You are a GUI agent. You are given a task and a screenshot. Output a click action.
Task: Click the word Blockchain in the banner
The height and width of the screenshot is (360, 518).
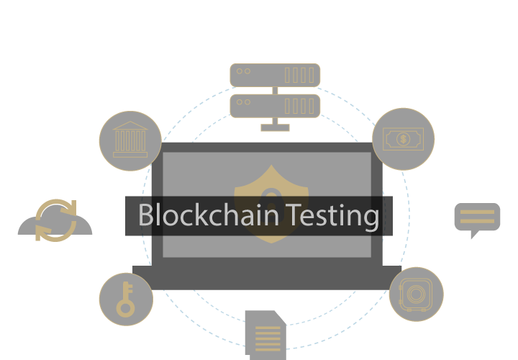click(209, 215)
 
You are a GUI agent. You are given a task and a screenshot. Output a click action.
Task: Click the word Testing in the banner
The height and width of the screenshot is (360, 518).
click(332, 216)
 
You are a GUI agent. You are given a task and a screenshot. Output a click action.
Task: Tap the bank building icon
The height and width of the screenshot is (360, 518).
click(130, 141)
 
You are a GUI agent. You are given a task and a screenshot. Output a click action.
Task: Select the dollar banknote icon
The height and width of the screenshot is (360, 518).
click(403, 139)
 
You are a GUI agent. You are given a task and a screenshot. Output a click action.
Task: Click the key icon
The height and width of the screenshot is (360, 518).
click(126, 300)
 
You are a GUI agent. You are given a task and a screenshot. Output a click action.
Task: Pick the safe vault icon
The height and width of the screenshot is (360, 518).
click(416, 294)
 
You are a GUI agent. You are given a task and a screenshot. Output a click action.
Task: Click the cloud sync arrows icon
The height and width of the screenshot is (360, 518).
click(55, 220)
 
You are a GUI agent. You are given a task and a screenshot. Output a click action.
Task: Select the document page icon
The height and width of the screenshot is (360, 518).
click(265, 335)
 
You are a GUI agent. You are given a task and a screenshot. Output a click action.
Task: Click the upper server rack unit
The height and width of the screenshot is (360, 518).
click(275, 75)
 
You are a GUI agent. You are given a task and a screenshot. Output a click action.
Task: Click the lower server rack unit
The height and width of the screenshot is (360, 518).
click(275, 106)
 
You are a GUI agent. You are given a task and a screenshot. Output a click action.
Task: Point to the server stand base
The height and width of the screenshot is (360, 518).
click(275, 127)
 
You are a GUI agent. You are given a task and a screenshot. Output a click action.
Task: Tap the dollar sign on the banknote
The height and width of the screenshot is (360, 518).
click(403, 139)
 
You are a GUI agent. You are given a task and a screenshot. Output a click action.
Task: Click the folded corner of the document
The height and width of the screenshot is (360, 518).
click(280, 318)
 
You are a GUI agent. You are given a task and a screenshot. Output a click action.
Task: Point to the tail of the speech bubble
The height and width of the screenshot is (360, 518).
click(475, 235)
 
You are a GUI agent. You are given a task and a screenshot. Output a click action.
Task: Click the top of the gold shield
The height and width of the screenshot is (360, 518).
click(271, 166)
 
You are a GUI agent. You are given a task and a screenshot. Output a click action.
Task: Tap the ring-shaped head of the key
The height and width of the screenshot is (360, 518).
click(125, 307)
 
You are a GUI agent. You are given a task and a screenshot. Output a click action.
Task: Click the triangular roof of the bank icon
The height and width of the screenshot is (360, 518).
click(130, 125)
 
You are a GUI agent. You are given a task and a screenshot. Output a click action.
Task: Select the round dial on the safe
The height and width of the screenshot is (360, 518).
click(416, 294)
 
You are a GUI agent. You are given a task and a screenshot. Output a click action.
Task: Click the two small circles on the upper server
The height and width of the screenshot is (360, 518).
click(243, 71)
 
